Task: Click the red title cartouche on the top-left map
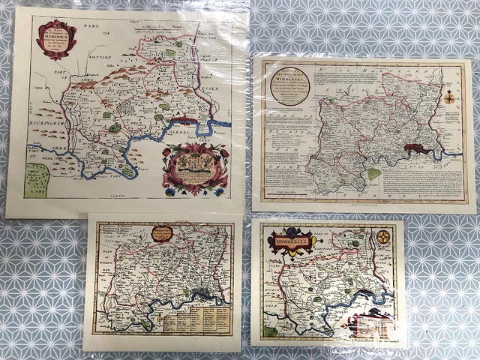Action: coord(57,38)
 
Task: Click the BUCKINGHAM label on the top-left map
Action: coord(48,118)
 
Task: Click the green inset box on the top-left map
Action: coord(36,181)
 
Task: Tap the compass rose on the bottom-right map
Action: coord(383,238)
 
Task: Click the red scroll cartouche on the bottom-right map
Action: coord(371,323)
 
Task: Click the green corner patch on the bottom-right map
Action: coord(267,330)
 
